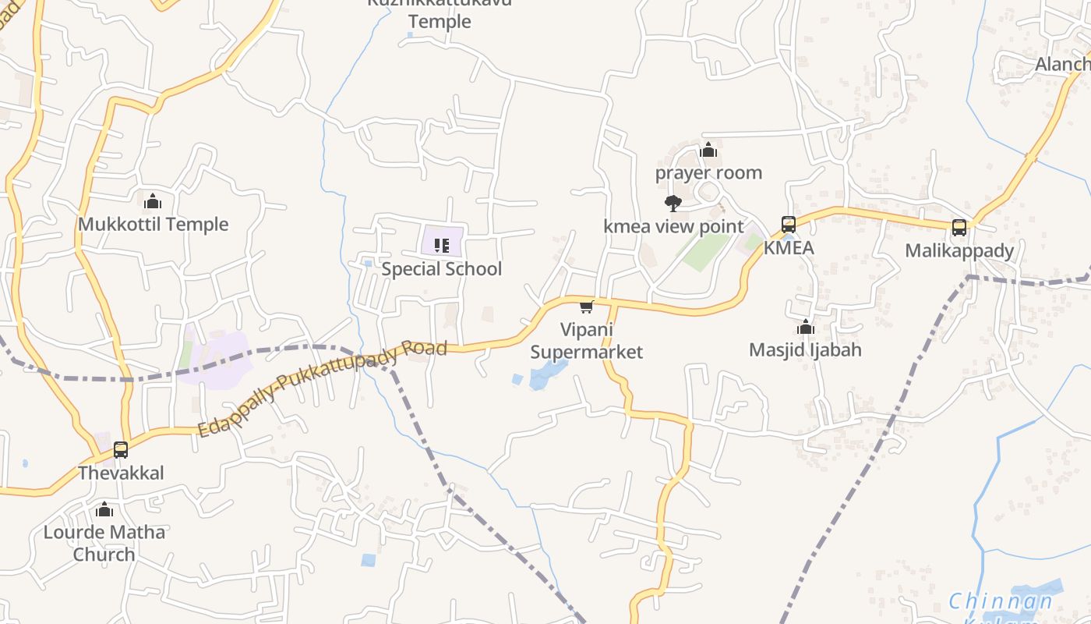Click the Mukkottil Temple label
coord(153,225)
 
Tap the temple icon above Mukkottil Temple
coord(153,201)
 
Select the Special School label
coord(442,269)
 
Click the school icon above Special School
coord(442,246)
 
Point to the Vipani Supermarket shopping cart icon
coord(587,307)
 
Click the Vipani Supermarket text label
coord(587,341)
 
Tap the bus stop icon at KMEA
coord(789,225)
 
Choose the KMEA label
coord(789,248)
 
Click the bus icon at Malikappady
coord(959,228)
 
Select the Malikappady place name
coord(959,251)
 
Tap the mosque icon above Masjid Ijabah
coord(806,327)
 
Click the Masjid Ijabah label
coord(805,350)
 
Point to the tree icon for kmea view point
coord(673,204)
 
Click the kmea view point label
coord(673,227)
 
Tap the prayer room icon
coord(708,150)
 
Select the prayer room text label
coord(708,173)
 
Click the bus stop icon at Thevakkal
coord(121,450)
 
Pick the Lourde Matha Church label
coord(104,544)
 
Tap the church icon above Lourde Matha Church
coord(104,510)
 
